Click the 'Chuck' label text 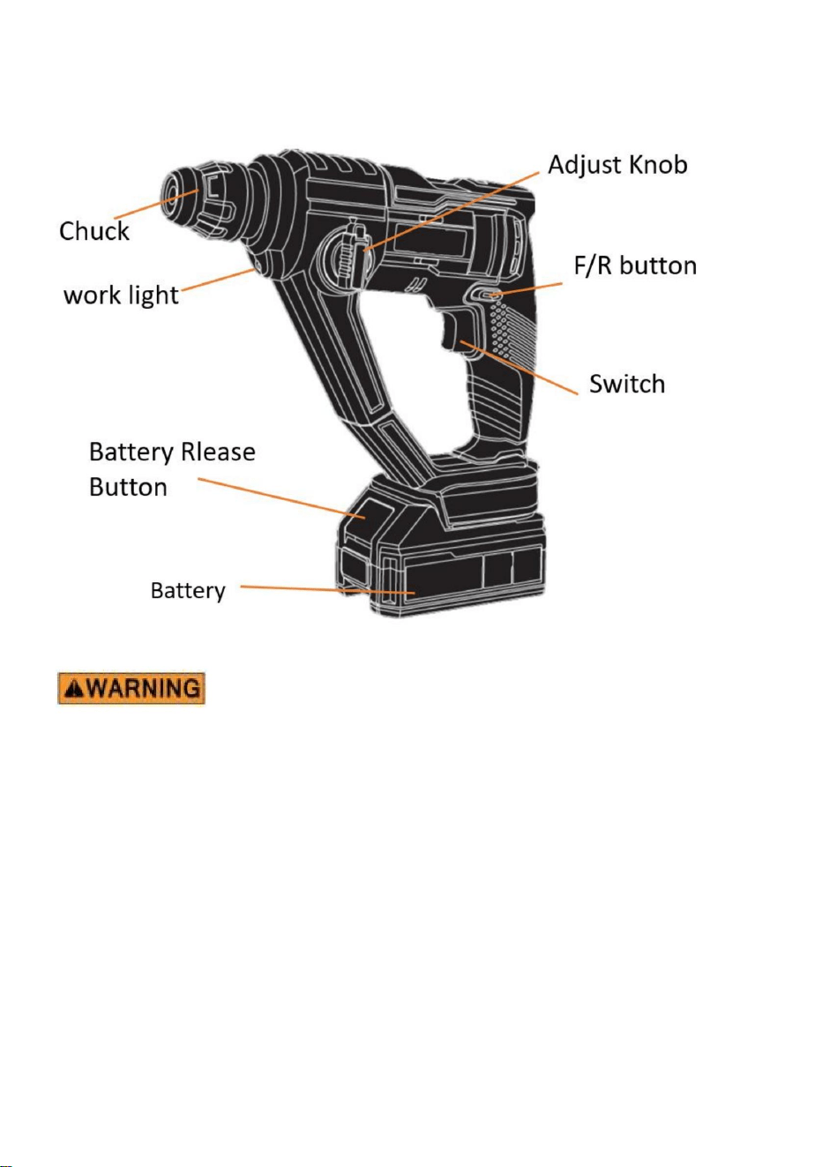click(93, 231)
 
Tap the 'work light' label click(121, 295)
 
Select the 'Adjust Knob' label click(617, 165)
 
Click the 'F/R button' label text click(635, 266)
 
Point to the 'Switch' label click(627, 384)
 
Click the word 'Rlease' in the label click(217, 452)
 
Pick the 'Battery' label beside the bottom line click(188, 591)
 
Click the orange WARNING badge click(131, 688)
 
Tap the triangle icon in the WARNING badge click(73, 689)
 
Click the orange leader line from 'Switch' click(519, 368)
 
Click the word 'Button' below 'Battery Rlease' click(128, 487)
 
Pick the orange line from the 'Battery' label click(328, 590)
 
